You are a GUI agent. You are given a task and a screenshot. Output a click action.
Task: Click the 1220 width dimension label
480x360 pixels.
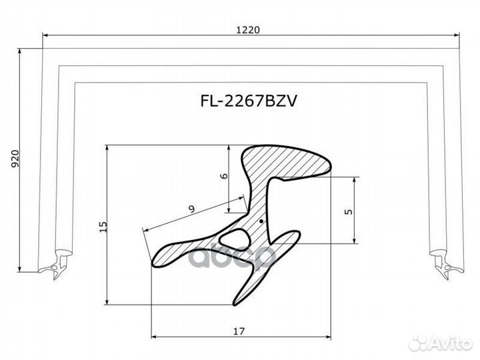point(248,30)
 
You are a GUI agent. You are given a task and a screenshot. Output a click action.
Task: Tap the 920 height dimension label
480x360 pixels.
point(15,159)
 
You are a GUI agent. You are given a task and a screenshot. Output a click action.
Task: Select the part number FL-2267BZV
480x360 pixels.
point(249,101)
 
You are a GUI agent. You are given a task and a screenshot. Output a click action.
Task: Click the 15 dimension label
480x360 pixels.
point(103,227)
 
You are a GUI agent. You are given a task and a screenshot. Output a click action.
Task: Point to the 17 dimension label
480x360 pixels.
point(239,331)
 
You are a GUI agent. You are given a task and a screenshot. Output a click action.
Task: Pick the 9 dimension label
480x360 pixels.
point(191,209)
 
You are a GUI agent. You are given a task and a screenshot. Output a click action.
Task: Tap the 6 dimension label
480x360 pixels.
point(225,176)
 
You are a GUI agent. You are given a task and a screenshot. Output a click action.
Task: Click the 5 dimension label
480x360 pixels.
point(349,212)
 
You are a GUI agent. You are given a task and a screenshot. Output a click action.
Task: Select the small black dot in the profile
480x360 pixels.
point(261,221)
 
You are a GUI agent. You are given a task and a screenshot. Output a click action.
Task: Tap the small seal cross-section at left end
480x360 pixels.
point(55,265)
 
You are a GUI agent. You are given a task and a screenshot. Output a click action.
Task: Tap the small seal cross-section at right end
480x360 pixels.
point(447,265)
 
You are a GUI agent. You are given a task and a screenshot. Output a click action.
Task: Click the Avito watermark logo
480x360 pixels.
point(441,343)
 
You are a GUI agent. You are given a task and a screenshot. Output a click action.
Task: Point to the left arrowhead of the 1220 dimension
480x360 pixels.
point(45,35)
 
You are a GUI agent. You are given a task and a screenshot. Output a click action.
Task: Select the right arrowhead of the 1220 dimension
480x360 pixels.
point(457,35)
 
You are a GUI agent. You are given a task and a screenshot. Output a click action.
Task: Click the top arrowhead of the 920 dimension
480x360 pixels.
point(19,52)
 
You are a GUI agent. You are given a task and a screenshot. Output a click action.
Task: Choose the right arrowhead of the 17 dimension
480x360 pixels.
point(327,337)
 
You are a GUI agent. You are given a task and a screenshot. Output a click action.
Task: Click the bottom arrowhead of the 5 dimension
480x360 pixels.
point(354,240)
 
